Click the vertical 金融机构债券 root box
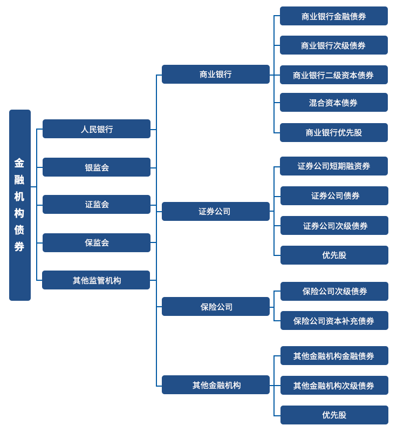20,205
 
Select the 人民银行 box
97,129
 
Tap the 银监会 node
97,167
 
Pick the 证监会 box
97,205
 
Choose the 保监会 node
97,243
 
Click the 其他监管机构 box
97,280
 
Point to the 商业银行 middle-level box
216,75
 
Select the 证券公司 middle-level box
216,212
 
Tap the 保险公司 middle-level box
216,307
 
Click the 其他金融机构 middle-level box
216,385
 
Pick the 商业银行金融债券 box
334,16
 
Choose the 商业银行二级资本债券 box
334,75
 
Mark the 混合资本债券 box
334,103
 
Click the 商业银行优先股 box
334,133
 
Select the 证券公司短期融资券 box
334,166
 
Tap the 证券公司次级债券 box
334,226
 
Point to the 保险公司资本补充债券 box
334,321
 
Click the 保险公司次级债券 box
334,292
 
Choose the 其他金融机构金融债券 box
334,356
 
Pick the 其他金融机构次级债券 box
334,386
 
